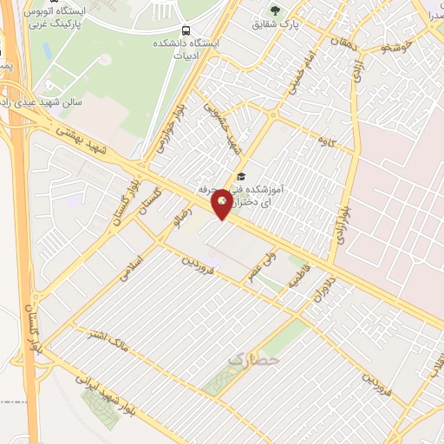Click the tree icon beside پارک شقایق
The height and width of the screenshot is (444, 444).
276,10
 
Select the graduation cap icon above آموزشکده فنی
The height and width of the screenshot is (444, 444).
240,177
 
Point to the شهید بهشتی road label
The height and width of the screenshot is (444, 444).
82,139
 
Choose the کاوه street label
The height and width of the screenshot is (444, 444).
326,140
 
